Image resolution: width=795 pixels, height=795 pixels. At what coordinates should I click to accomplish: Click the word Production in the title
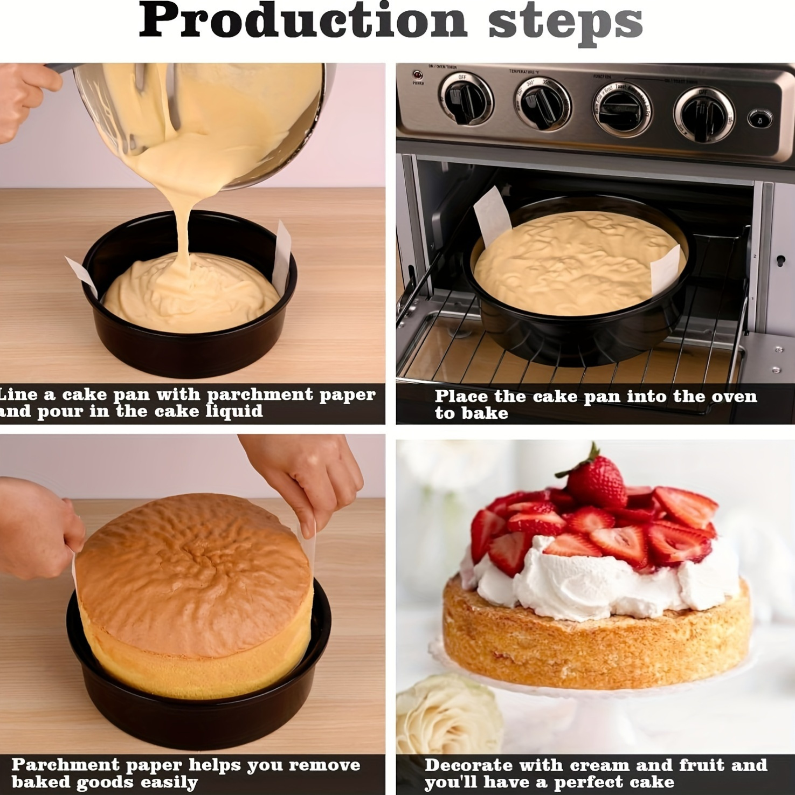pos(302,22)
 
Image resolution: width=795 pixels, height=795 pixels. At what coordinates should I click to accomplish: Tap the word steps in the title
pos(565,23)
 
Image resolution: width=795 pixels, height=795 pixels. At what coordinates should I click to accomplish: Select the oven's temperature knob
pos(542,102)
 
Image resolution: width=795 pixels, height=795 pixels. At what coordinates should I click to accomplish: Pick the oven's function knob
pos(623,108)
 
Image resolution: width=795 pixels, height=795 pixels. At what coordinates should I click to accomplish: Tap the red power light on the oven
pos(417,75)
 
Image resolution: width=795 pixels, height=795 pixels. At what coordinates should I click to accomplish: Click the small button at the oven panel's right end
pos(759,119)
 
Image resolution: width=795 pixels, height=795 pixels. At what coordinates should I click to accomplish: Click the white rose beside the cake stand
pos(447,717)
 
